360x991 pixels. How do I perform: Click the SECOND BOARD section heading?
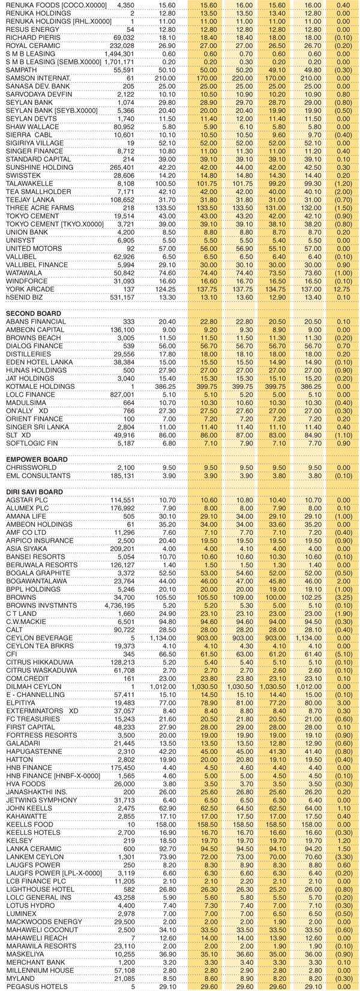pos(33,313)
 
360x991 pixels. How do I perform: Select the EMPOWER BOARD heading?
pos(37,459)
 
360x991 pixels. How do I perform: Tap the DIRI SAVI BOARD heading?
pos(34,492)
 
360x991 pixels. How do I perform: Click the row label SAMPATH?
pos(21,70)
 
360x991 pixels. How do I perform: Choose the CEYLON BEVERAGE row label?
pos(39,637)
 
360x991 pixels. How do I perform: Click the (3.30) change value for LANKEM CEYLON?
pos(343,857)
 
